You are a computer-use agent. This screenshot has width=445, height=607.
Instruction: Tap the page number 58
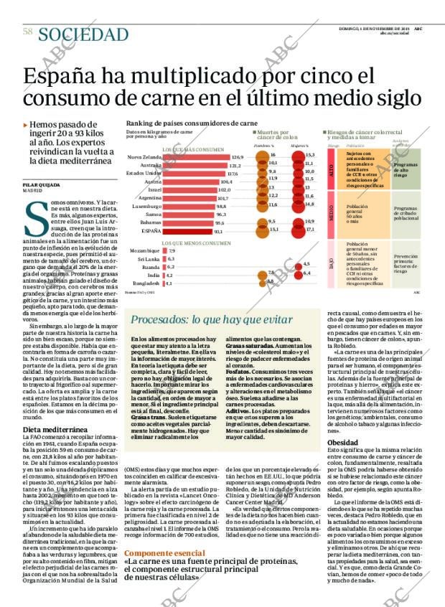[x=28, y=32]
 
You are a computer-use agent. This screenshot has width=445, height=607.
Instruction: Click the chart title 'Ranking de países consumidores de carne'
[x=191, y=123]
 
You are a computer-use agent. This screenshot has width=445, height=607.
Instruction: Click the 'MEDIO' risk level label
[x=331, y=212]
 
